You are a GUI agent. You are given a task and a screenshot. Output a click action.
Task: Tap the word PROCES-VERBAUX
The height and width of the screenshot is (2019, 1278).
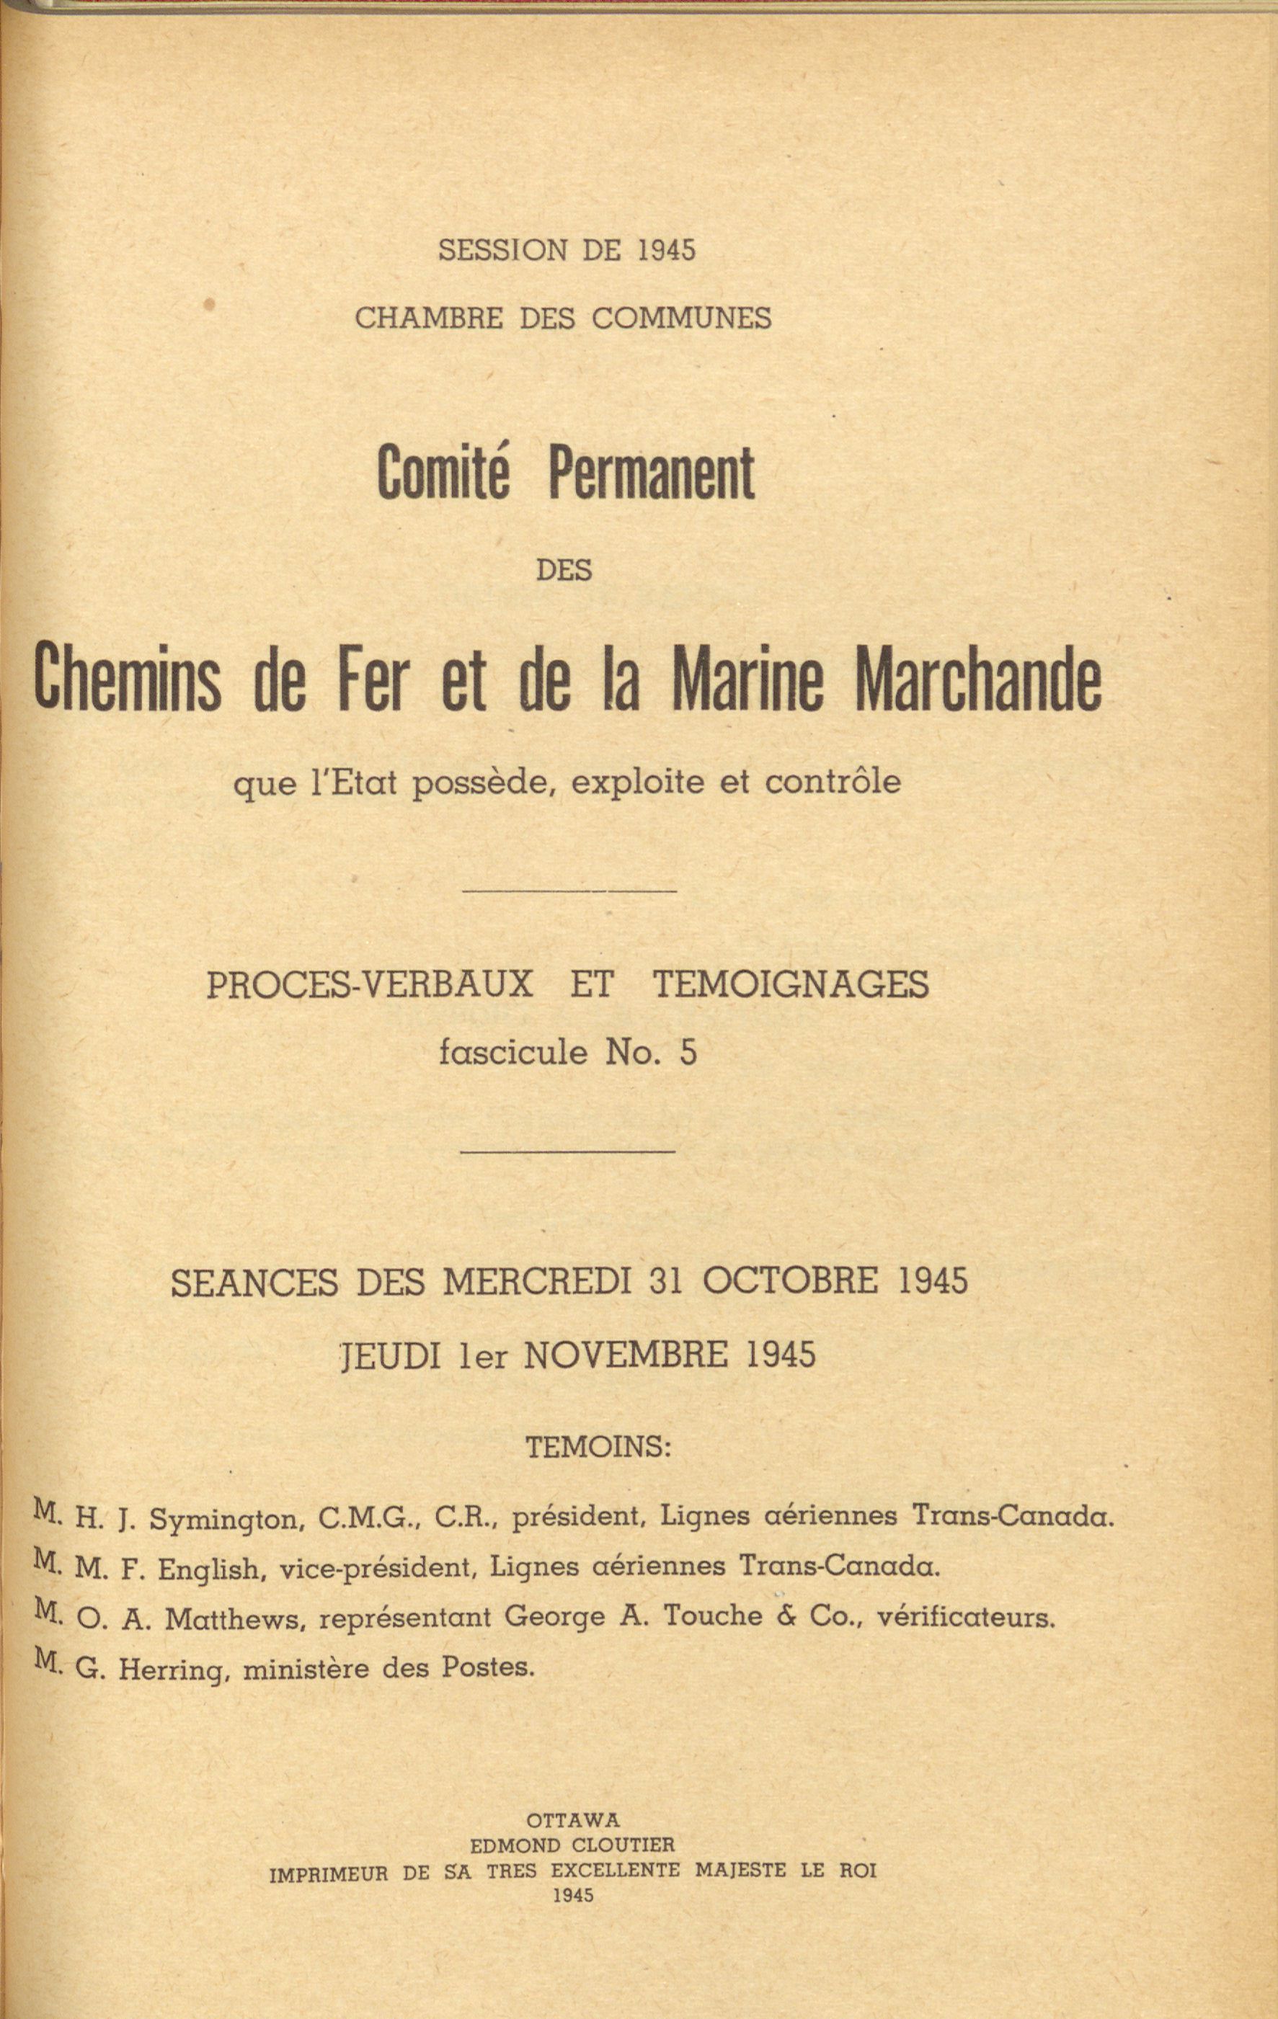pyautogui.click(x=370, y=984)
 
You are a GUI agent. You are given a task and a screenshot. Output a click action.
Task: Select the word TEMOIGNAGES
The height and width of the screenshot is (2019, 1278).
pyautogui.click(x=790, y=984)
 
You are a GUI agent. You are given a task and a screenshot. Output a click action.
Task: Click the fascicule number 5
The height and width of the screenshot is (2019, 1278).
pyautogui.click(x=688, y=1052)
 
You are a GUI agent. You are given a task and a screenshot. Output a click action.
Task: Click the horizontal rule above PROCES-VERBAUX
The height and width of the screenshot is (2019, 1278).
pyautogui.click(x=569, y=891)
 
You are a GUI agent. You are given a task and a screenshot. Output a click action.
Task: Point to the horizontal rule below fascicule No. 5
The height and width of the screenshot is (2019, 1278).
pyautogui.click(x=568, y=1151)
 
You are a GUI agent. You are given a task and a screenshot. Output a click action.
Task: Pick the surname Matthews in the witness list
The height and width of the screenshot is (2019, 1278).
pyautogui.click(x=232, y=1619)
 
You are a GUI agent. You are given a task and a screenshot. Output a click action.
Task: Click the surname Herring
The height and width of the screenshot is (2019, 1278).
pyautogui.click(x=173, y=1670)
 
